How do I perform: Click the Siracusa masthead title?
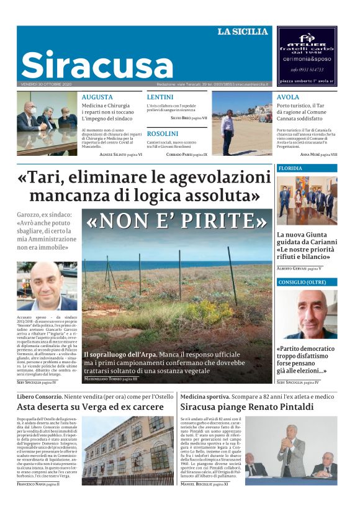[x=97, y=65]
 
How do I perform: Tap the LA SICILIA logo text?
[x=243, y=32]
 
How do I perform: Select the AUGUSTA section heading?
[x=97, y=97]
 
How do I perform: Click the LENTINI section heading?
[x=160, y=97]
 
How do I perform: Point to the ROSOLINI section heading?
[x=163, y=133]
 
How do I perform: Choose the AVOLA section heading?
[x=288, y=97]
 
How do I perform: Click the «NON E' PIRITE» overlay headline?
[x=177, y=221]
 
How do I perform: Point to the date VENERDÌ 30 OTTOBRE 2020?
[x=47, y=84]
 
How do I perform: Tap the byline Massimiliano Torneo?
[x=111, y=378]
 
